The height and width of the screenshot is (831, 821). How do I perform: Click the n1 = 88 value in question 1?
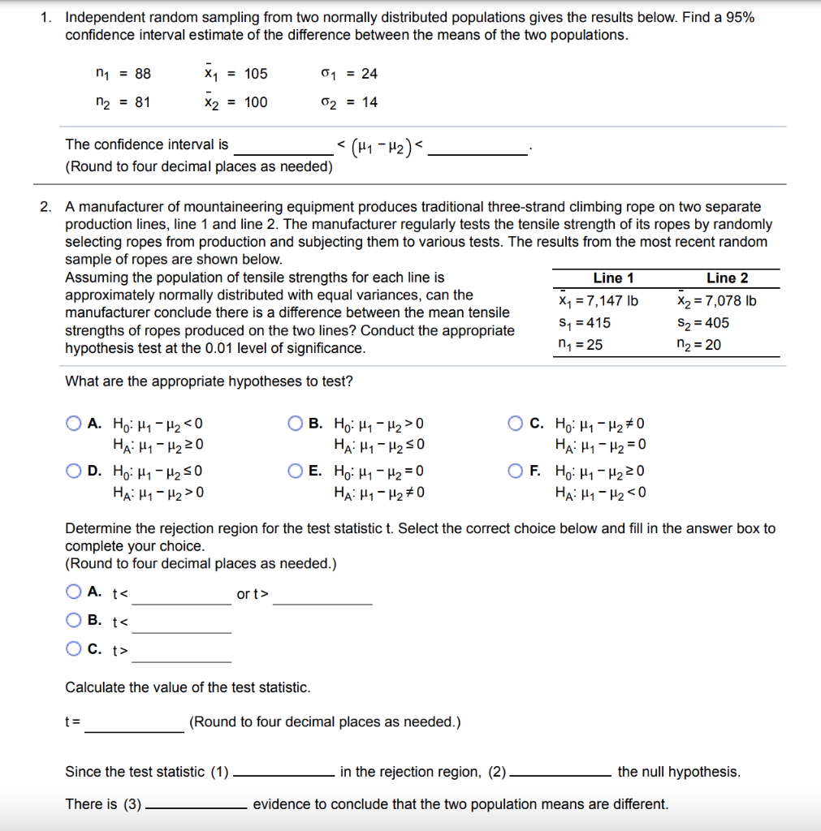tap(123, 74)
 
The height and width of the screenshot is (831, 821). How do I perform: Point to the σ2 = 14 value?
tap(349, 102)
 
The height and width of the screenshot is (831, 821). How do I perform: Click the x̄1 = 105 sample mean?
tap(235, 74)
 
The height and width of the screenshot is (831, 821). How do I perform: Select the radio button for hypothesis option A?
tap(74, 423)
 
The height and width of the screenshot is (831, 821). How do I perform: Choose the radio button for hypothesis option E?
tap(296, 471)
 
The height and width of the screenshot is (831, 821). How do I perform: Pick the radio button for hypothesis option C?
tap(516, 423)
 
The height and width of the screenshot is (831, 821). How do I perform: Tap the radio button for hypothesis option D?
tap(74, 471)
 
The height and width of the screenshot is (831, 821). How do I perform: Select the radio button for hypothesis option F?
tap(516, 471)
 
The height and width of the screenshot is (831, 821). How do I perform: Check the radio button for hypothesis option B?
tap(296, 423)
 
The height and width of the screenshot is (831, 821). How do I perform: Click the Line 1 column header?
tap(613, 278)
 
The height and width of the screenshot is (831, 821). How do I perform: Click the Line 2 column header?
tap(727, 278)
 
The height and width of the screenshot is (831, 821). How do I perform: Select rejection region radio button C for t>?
tap(74, 649)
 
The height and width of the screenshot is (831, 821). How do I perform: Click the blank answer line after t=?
tap(135, 724)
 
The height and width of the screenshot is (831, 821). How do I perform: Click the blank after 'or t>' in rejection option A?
tap(322, 596)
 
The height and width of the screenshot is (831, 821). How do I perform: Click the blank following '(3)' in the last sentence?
tap(197, 806)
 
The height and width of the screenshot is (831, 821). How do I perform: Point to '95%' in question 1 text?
tap(740, 17)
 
